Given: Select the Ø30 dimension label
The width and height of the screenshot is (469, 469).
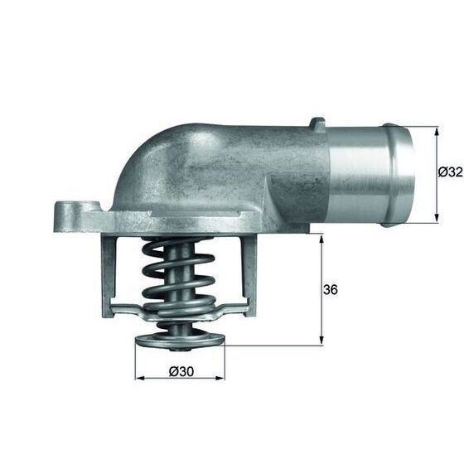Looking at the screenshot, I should [181, 371].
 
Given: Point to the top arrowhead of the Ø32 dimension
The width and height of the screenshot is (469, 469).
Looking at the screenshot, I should [435, 130].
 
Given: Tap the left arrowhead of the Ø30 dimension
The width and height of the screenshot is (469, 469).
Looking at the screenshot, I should [138, 379].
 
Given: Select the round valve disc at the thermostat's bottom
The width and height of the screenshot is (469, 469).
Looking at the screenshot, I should [179, 340].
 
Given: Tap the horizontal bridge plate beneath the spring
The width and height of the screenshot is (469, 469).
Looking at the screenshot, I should [178, 312].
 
